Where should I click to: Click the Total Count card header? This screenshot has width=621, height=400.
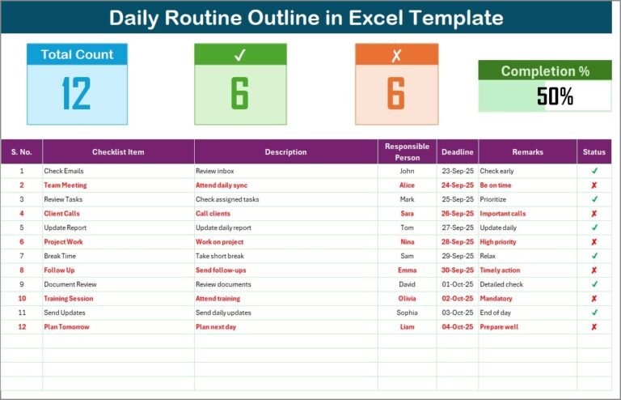(x=77, y=54)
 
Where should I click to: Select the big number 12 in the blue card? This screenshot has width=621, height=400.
(x=77, y=94)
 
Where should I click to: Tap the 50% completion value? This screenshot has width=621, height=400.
(x=555, y=97)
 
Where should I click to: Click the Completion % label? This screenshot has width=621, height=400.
(x=545, y=71)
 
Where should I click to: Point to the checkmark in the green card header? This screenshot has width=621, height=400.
(x=239, y=55)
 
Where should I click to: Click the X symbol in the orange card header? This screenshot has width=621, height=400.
(x=396, y=55)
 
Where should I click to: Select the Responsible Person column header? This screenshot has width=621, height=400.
(x=407, y=151)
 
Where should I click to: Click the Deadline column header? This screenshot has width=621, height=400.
(x=458, y=151)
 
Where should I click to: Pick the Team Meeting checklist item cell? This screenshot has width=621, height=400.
(x=65, y=185)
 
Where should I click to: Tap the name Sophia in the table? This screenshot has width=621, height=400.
(x=407, y=313)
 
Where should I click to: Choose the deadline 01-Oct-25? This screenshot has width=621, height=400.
(x=458, y=284)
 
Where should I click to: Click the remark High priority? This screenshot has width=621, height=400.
(x=499, y=242)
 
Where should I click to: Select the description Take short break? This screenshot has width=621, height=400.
(x=221, y=256)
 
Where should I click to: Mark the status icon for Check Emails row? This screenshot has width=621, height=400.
(x=594, y=171)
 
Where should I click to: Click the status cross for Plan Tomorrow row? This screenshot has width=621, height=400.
(x=594, y=327)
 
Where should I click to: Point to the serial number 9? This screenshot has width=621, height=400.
(x=22, y=284)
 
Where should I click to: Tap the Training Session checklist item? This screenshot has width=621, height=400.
(x=69, y=299)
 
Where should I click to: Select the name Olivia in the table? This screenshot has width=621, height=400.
(x=407, y=299)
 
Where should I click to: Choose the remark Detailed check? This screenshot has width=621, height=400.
(x=501, y=284)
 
